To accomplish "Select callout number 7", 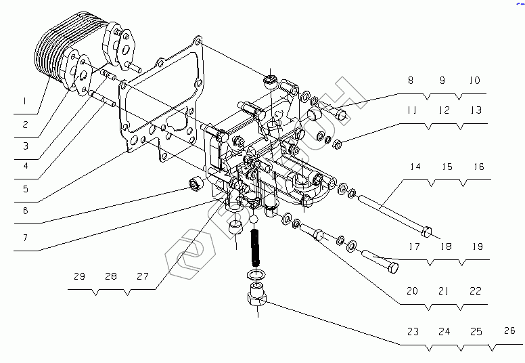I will [x=24, y=238].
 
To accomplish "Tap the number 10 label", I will [x=474, y=81].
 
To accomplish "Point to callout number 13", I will [x=476, y=110].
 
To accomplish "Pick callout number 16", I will [x=478, y=167].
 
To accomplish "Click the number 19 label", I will [x=478, y=247].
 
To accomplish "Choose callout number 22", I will [x=476, y=291].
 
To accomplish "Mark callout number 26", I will [x=509, y=332].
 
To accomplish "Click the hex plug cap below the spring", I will [x=257, y=297].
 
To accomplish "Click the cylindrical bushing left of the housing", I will [x=197, y=185].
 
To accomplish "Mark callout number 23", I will [x=413, y=332].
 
